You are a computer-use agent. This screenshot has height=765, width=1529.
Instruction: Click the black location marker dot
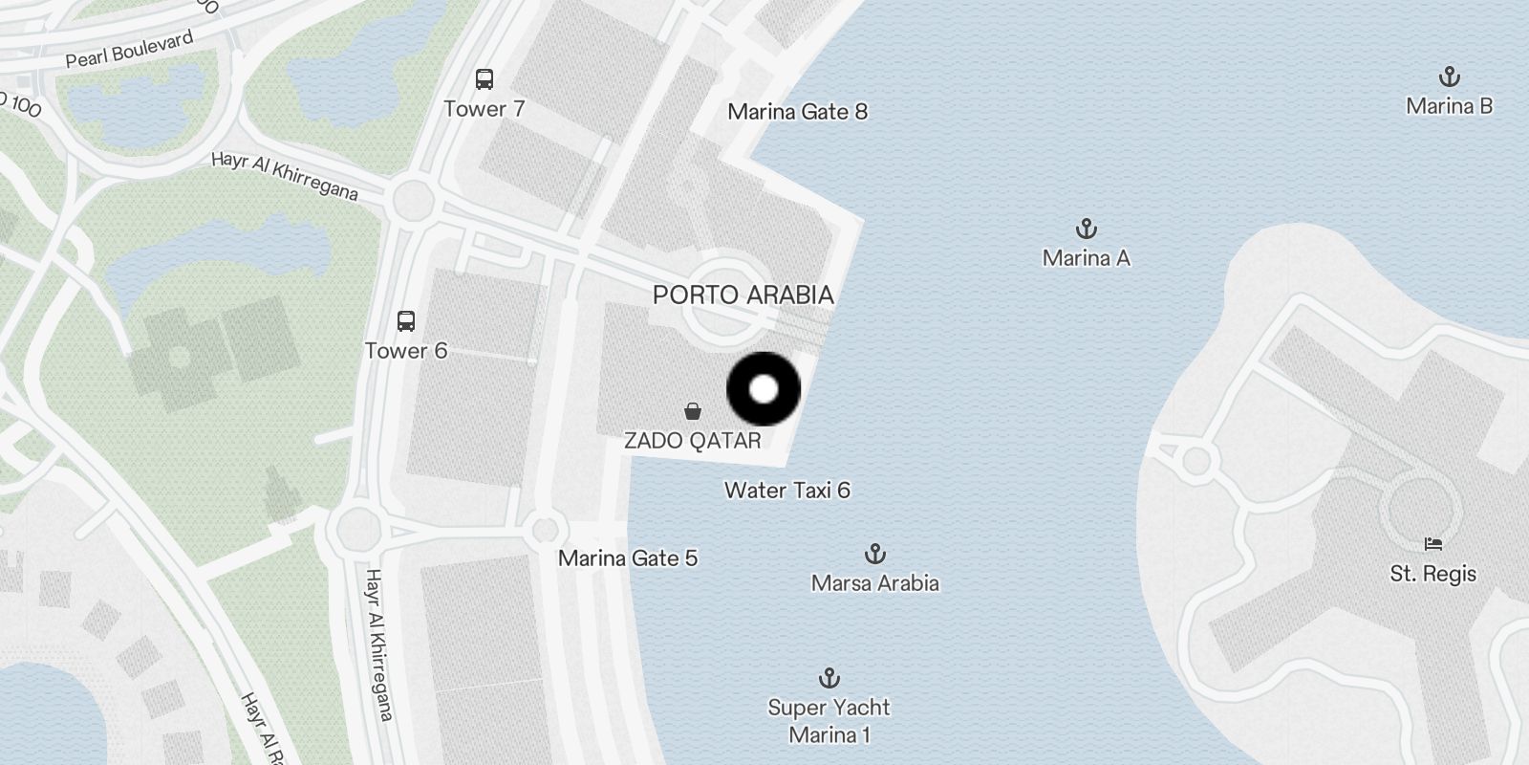click(764, 389)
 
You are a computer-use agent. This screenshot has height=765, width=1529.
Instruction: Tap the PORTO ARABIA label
click(743, 295)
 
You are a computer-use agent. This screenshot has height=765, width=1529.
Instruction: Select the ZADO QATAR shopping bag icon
click(693, 412)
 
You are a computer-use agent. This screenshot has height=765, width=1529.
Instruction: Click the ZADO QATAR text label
click(693, 441)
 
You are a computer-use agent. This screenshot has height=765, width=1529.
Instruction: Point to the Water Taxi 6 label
click(786, 491)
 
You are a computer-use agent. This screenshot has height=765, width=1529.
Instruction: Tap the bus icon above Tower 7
click(485, 79)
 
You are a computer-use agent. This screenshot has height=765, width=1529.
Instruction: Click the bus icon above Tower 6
click(406, 321)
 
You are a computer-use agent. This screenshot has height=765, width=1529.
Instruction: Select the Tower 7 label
click(485, 109)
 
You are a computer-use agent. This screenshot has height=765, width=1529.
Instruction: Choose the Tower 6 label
click(406, 351)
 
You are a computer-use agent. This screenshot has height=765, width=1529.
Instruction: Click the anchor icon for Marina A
click(1086, 229)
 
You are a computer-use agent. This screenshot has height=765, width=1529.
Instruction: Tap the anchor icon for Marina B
click(1449, 76)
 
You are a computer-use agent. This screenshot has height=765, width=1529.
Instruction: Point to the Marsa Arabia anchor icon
click(874, 554)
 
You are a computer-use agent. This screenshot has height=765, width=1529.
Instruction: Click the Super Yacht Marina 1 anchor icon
click(829, 678)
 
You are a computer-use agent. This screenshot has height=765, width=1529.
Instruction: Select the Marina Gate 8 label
click(797, 112)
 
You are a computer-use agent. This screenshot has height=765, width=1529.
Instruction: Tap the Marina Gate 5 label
click(628, 558)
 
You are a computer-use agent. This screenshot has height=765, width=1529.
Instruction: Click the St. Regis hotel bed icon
click(1432, 544)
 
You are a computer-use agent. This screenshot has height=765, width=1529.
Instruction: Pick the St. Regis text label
click(1432, 574)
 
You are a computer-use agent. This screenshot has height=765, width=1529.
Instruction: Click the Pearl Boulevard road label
click(129, 49)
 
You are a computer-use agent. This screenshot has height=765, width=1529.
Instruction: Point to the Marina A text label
click(1086, 258)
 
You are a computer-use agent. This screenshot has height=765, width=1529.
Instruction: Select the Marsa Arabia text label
click(874, 583)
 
